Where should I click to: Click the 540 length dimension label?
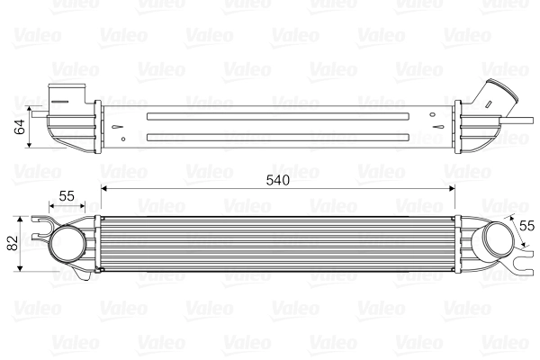(278, 180)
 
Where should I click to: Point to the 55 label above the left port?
(67, 194)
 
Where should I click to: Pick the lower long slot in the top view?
(280, 137)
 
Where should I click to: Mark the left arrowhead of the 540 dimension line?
(105, 189)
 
